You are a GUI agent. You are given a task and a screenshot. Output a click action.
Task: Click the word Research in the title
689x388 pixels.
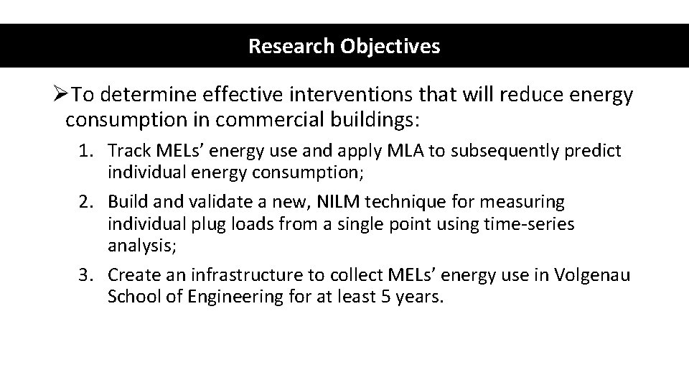[281, 47]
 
